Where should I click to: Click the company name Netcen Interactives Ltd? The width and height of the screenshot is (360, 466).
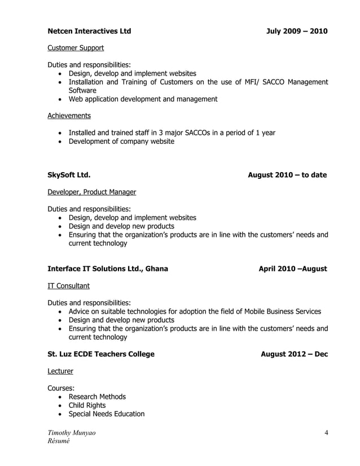89,31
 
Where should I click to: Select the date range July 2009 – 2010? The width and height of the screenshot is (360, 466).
297,31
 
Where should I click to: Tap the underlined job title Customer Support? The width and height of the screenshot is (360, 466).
75,48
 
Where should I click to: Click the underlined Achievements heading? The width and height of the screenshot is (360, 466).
69,116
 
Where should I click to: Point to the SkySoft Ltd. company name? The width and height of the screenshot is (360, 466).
69,175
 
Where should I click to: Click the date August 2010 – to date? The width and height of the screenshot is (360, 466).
287,175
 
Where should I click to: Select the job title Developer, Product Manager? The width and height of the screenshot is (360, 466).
91,192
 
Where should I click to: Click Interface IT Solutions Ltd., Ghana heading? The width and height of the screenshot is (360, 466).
107,269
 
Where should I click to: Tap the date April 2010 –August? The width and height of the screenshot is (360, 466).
292,269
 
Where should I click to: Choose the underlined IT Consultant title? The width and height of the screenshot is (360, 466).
68,286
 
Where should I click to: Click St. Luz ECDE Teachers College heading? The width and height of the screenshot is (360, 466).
100,354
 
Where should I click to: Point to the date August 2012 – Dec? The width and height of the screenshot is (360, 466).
294,354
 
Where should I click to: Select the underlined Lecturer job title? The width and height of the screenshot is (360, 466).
60,371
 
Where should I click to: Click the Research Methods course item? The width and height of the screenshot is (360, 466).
97,397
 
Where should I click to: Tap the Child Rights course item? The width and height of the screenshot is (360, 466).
87,405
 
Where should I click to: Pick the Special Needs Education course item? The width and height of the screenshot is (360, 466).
107,414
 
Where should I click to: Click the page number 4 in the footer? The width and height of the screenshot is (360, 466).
326,433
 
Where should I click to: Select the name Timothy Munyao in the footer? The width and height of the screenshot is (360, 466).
72,433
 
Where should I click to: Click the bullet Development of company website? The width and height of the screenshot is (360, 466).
121,141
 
